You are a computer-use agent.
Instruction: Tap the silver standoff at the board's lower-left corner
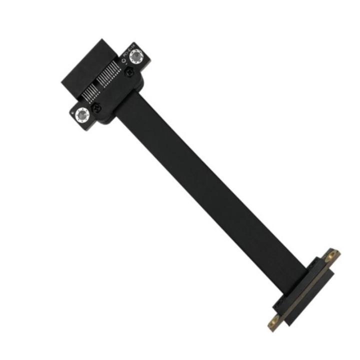coord(82,115)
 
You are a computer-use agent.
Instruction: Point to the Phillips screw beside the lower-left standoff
coord(98,107)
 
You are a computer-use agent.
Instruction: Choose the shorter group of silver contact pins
coord(89,93)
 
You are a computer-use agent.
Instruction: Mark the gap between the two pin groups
coord(97,85)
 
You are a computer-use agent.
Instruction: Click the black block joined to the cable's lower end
coord(295,285)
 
